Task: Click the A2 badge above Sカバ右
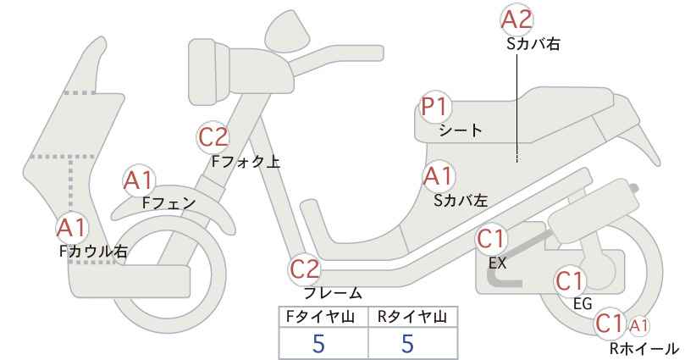tap(518, 19)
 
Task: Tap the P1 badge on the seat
tap(437, 108)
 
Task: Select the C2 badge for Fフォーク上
tap(213, 136)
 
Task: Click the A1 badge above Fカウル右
tap(72, 228)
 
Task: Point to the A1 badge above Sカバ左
tap(438, 176)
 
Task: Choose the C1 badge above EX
tap(493, 241)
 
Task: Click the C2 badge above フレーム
tap(306, 270)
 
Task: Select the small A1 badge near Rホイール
tap(639, 324)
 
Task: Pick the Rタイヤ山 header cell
tap(412, 317)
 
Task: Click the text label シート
tap(460, 130)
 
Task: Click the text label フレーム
tap(333, 293)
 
